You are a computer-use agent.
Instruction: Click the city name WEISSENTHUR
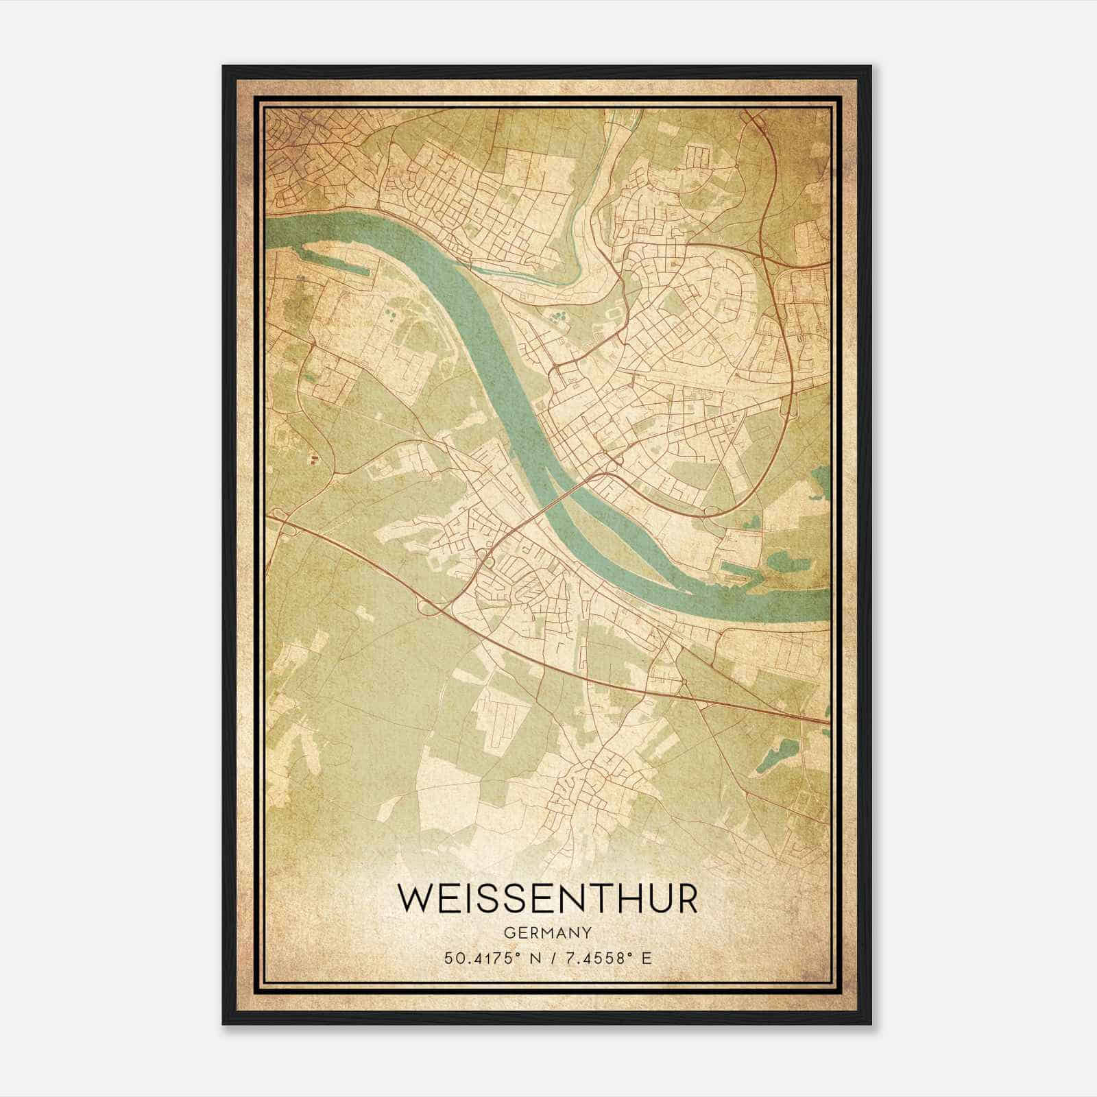548,899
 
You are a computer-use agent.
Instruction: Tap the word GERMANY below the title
548,932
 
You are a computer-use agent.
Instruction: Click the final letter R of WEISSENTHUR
686,899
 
